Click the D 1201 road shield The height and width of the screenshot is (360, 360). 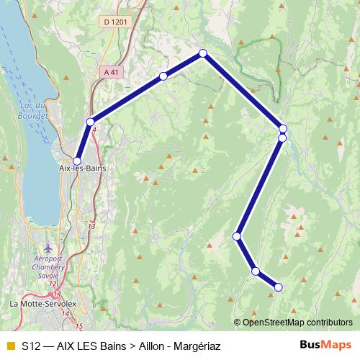coord(115,22)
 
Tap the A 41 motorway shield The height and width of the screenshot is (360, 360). coord(112,72)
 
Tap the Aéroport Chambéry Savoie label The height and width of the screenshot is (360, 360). coord(48,266)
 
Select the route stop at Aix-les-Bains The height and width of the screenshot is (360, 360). coord(77,161)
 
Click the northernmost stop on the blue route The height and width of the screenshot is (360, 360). coord(203,53)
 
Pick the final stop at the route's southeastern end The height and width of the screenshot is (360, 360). coord(278,287)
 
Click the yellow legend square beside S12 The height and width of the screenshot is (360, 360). coord(10,346)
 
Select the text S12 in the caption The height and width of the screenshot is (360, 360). coord(31,346)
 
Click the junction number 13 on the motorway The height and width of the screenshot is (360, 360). coord(91,226)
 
